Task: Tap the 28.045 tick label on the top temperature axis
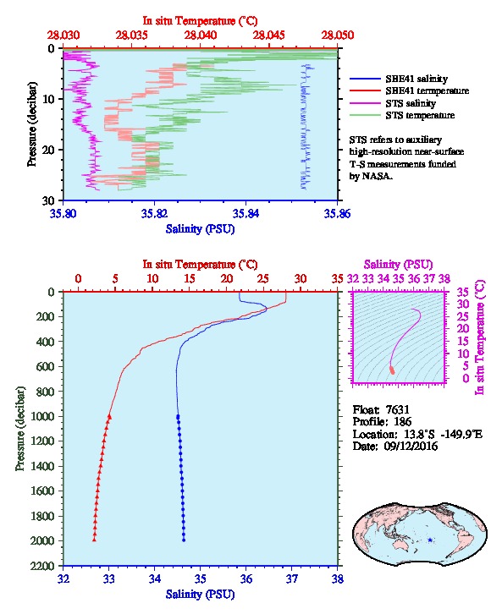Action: tap(269, 36)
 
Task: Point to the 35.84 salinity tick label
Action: tap(245, 213)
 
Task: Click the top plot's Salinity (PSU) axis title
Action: tap(201, 228)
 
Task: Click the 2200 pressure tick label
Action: tap(42, 566)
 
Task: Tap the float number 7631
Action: tap(397, 409)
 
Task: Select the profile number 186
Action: tap(402, 422)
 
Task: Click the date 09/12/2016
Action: tap(411, 446)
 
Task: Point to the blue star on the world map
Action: tap(430, 540)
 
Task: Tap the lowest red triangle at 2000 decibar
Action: tap(94, 540)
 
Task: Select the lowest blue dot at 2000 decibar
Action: tap(184, 540)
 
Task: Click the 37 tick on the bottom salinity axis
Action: tap(291, 578)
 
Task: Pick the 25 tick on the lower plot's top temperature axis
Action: tap(263, 279)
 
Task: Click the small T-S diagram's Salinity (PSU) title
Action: tap(398, 265)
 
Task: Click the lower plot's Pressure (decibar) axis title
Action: tap(20, 429)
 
